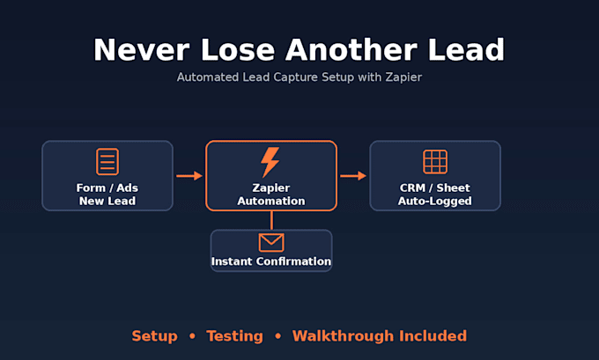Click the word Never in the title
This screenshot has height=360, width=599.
pyautogui.click(x=142, y=49)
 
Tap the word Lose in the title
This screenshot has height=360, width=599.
pyautogui.click(x=238, y=49)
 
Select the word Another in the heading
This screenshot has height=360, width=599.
pyautogui.click(x=351, y=49)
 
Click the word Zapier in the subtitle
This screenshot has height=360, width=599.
pyautogui.click(x=403, y=77)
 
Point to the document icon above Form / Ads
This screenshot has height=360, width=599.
pyautogui.click(x=107, y=161)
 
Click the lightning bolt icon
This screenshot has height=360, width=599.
pyautogui.click(x=270, y=162)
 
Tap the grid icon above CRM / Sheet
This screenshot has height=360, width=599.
pyautogui.click(x=435, y=162)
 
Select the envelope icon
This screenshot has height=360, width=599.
pyautogui.click(x=271, y=242)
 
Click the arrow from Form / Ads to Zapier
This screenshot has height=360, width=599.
pyautogui.click(x=189, y=176)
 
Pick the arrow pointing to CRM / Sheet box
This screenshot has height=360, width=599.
pyautogui.click(x=353, y=176)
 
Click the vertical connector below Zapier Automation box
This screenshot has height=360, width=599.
pyautogui.click(x=271, y=220)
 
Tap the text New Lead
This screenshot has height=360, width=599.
pyautogui.click(x=107, y=201)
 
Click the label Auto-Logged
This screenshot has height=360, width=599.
pyautogui.click(x=435, y=202)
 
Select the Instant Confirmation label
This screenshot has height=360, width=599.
pyautogui.click(x=271, y=261)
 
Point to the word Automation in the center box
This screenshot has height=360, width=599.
pyautogui.click(x=271, y=201)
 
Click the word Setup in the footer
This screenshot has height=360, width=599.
pyautogui.click(x=155, y=336)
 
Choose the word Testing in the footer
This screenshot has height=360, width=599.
pyautogui.click(x=235, y=336)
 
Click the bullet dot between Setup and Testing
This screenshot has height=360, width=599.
pyautogui.click(x=192, y=336)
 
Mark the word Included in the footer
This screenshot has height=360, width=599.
pyautogui.click(x=433, y=336)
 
